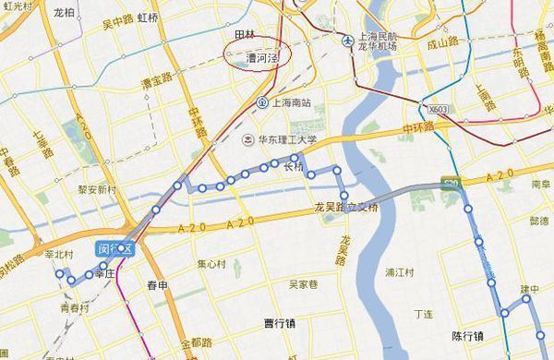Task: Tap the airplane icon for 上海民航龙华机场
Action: click(348, 41)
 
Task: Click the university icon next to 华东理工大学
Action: click(247, 139)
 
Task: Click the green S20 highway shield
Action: click(451, 183)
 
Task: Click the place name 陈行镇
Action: click(468, 336)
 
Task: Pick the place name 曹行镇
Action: click(278, 322)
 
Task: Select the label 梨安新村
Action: click(97, 188)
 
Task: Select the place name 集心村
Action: click(211, 263)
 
